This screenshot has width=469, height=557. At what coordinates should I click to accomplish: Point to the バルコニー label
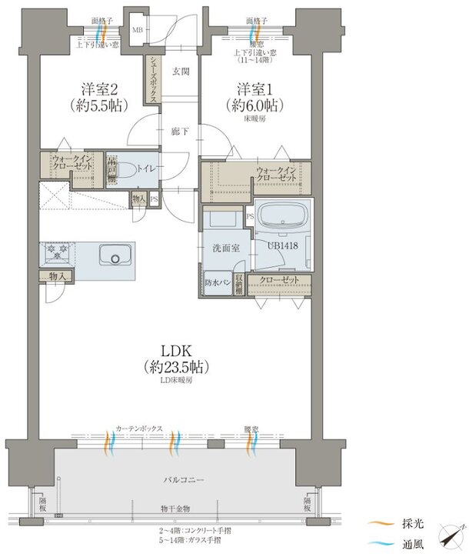pyautogui.click(x=183, y=479)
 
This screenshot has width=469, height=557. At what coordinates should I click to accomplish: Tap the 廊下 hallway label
pyautogui.click(x=181, y=132)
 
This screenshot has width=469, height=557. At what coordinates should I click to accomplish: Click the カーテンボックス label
pyautogui.click(x=138, y=428)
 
